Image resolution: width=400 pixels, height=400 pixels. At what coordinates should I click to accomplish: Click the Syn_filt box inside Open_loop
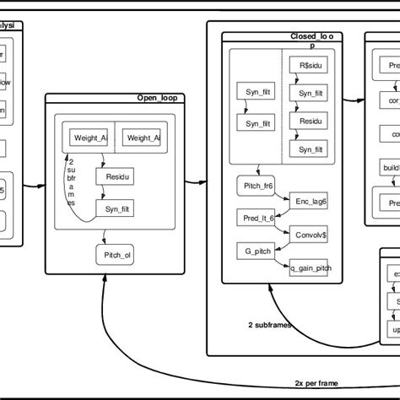(115, 208)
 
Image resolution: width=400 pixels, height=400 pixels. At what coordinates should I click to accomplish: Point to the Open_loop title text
(162, 98)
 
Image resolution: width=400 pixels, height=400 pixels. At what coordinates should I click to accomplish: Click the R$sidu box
(307, 64)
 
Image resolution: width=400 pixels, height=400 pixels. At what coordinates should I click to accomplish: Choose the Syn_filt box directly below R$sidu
(307, 92)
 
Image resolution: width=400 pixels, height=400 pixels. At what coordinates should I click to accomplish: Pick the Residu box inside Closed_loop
(307, 121)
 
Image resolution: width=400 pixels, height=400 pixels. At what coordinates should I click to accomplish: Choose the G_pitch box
(253, 251)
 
